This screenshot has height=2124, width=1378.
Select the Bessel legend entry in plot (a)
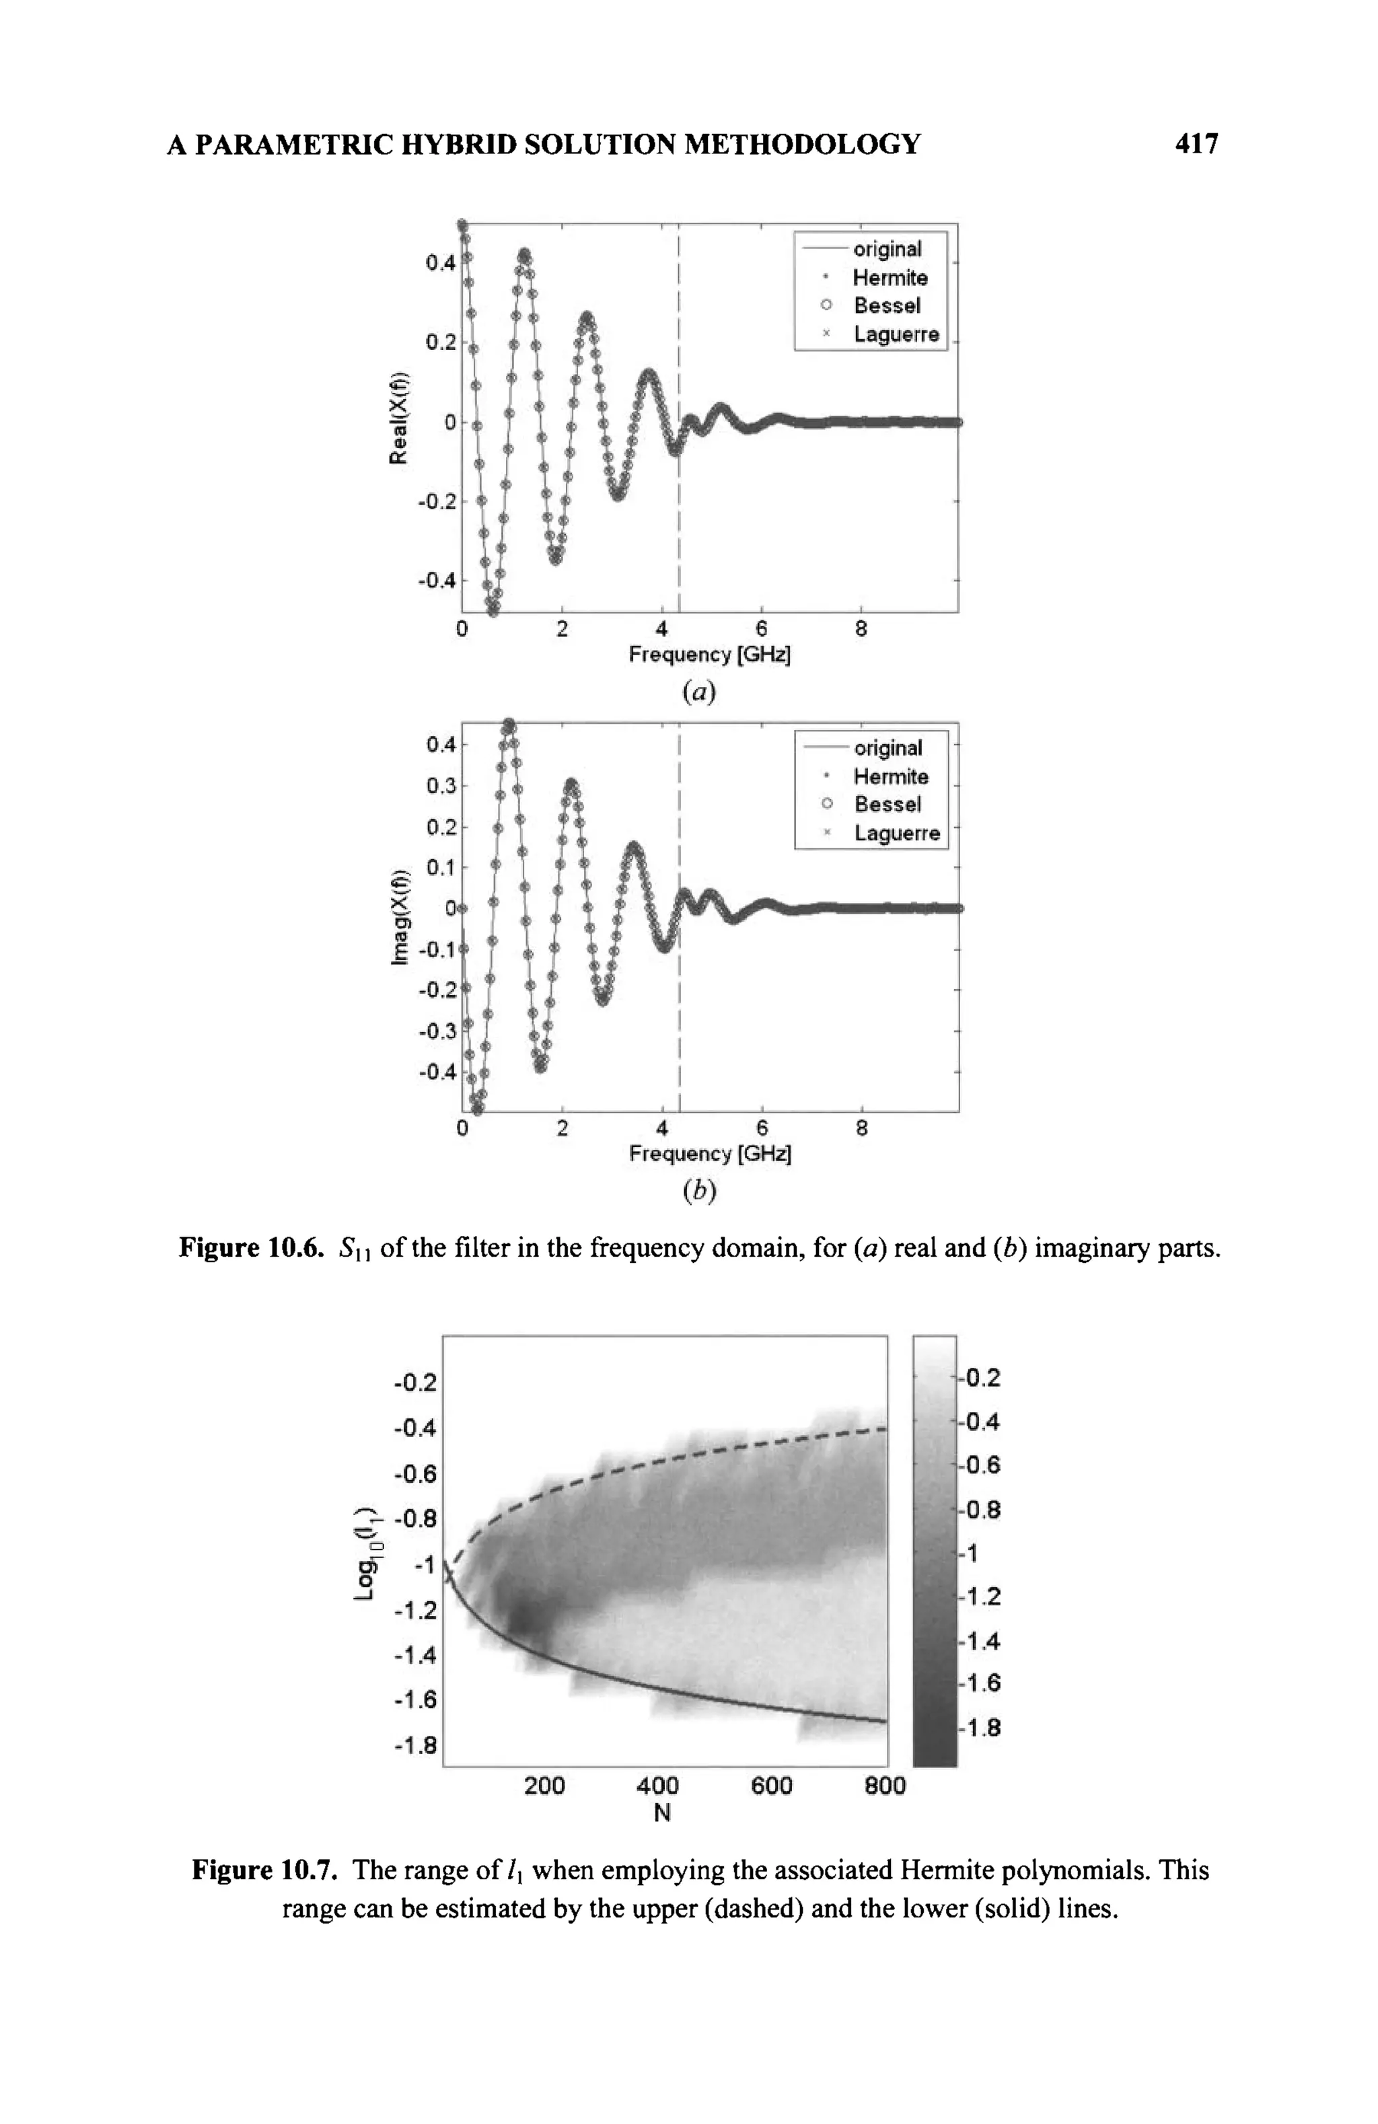pos(885,306)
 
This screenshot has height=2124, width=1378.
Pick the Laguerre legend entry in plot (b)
pos(895,833)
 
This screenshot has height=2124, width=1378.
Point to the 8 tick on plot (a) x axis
pos(861,629)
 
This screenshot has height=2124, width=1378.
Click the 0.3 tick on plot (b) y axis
pos(438,785)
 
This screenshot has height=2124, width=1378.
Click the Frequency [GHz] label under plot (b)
pos(710,1154)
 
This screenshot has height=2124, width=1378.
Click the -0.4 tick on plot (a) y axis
pos(437,580)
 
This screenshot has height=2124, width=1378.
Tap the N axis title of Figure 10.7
pos(661,1812)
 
